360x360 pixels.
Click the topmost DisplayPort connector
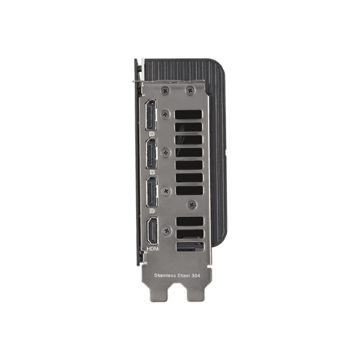coord(151,115)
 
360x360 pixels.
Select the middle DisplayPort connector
coord(152,153)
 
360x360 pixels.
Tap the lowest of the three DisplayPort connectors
coord(152,192)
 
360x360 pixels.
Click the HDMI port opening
coord(153,231)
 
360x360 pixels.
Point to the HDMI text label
coord(153,249)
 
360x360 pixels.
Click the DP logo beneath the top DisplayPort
coord(152,133)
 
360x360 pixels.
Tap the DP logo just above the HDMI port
coord(153,211)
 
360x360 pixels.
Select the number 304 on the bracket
coord(196,275)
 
